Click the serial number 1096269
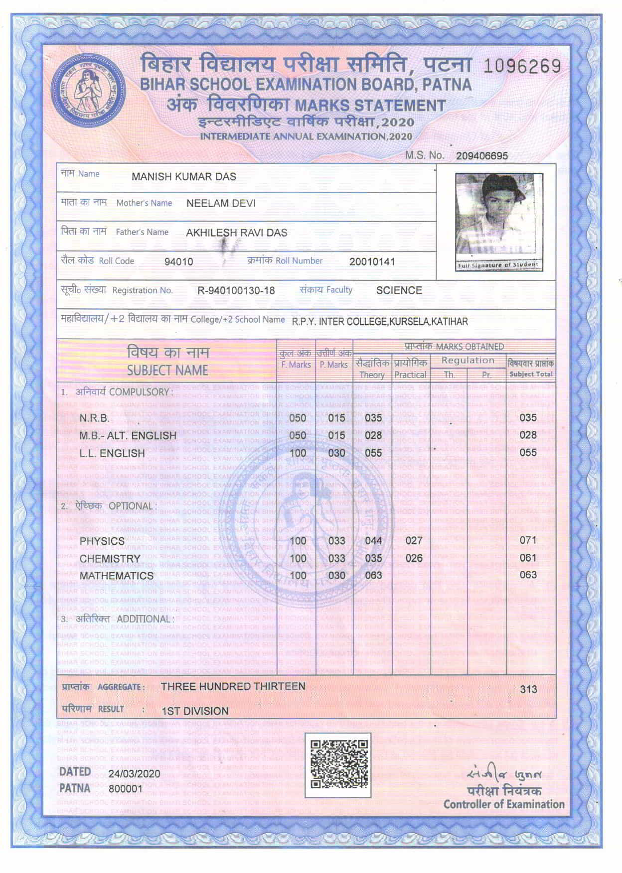tap(522, 66)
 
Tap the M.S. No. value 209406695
tap(481, 156)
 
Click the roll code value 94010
tap(178, 261)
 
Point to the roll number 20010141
tap(372, 261)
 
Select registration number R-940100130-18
tap(236, 290)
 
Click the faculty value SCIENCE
tap(399, 290)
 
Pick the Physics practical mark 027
tap(414, 540)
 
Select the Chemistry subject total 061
tap(528, 558)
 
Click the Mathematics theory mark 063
tap(373, 575)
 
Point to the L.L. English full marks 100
tap(298, 453)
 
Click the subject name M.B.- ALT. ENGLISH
tap(128, 435)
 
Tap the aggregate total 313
tap(528, 689)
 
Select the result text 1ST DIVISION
tap(195, 711)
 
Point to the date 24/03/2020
tap(134, 773)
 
